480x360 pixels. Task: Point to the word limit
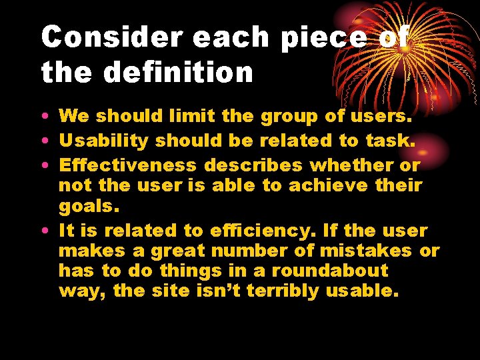pyautogui.click(x=193, y=116)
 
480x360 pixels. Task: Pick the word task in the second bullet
pyautogui.click(x=389, y=141)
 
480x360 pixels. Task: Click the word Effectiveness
pyautogui.click(x=128, y=165)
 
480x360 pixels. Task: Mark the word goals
pyautogui.click(x=84, y=207)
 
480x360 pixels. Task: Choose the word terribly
pyautogui.click(x=283, y=291)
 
